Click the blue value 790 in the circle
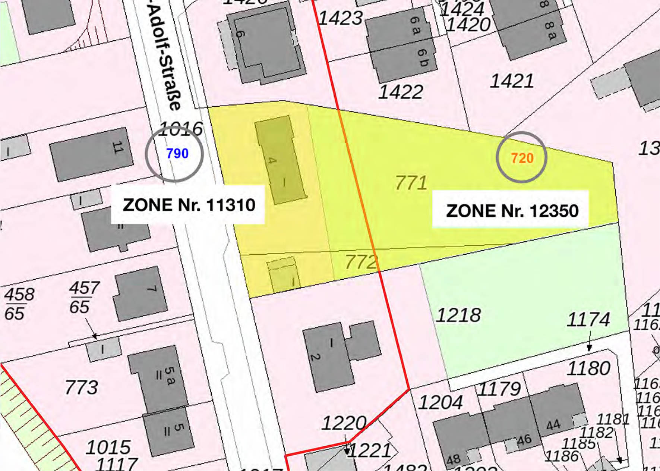click(177, 153)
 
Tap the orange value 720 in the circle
click(522, 158)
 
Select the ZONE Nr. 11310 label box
click(189, 205)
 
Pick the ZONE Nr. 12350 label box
click(512, 211)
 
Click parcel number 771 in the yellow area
click(411, 183)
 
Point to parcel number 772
click(361, 261)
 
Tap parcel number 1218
click(458, 315)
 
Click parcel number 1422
click(401, 92)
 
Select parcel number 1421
click(511, 81)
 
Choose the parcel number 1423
click(340, 18)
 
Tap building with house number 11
click(91, 154)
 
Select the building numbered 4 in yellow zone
click(280, 160)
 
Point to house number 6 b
click(422, 58)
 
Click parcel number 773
click(81, 387)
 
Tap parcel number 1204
click(440, 402)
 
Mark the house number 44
click(553, 425)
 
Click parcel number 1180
click(588, 368)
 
